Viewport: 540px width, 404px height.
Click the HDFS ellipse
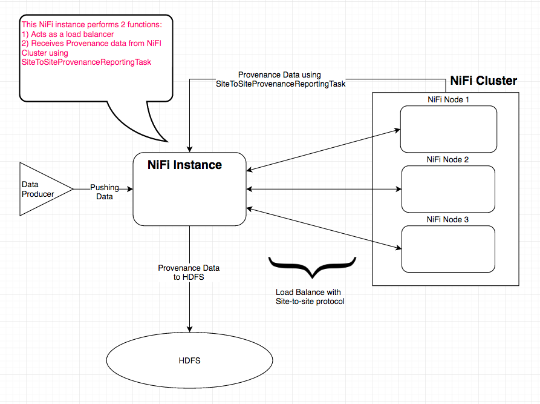[189, 360]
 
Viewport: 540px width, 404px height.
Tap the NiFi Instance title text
[184, 165]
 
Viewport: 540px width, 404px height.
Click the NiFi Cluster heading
[483, 81]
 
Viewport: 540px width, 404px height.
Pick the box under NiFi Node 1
[448, 129]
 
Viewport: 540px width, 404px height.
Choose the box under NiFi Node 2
[448, 189]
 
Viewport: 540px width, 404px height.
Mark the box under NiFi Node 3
[448, 248]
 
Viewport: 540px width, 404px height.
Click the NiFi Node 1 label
[448, 99]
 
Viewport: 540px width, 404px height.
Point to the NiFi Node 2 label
[448, 160]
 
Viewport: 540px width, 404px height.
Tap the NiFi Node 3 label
[448, 219]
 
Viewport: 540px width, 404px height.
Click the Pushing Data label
[105, 192]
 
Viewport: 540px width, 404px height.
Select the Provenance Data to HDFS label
[189, 272]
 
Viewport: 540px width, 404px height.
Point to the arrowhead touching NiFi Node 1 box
[397, 130]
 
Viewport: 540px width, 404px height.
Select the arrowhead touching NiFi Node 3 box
[397, 248]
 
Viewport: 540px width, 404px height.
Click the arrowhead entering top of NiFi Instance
[190, 149]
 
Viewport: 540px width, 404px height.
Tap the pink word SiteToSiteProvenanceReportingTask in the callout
[86, 62]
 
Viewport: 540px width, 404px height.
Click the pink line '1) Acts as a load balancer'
[68, 34]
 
